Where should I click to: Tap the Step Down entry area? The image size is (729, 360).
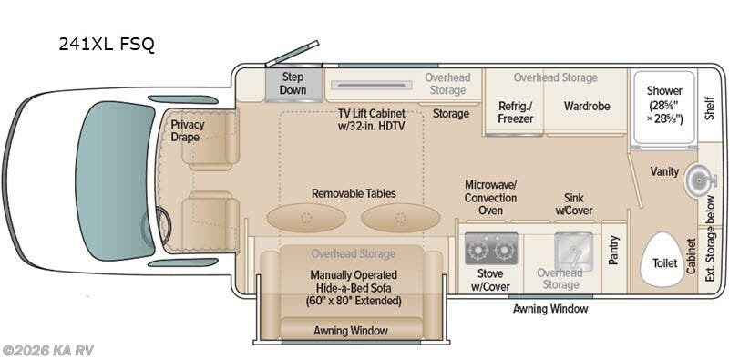coord(293,84)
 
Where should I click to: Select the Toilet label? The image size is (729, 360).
coord(665,262)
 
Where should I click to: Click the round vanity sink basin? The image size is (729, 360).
coord(696,176)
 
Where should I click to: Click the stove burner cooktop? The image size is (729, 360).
coord(491,247)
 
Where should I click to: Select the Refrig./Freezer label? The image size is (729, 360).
coord(515,112)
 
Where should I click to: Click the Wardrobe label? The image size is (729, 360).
coord(586,107)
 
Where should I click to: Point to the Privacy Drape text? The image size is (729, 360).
coord(188,130)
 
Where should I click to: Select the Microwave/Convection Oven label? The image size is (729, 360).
coord(490,198)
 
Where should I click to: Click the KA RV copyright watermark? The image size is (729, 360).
coord(47,350)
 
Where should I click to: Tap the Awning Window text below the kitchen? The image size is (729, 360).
coord(550,309)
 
